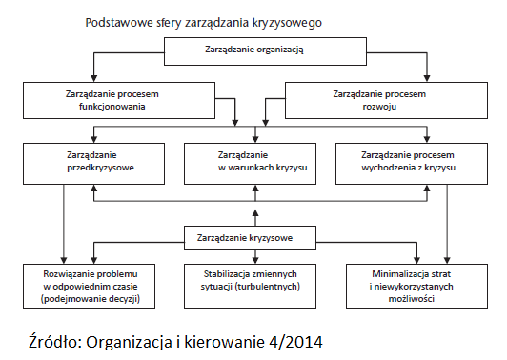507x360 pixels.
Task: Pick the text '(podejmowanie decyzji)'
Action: click(87, 299)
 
